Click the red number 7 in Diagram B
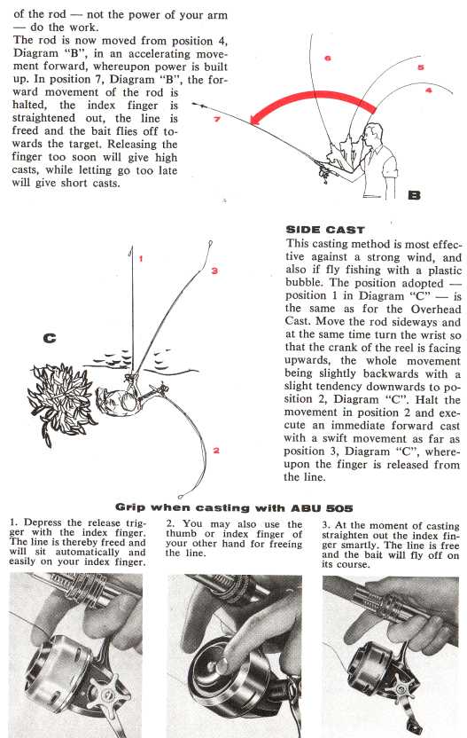(x=217, y=119)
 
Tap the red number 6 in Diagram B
(x=327, y=58)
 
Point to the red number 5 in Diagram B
(x=420, y=67)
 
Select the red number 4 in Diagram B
(x=428, y=90)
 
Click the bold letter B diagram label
(x=414, y=194)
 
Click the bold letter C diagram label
(x=49, y=338)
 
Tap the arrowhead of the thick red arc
(x=256, y=119)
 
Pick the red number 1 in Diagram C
(x=141, y=258)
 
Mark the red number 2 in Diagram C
(x=216, y=451)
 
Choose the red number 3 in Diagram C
(x=214, y=271)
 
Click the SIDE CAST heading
(x=325, y=230)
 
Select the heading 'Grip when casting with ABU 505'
(x=234, y=508)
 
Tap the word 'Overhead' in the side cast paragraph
(x=436, y=310)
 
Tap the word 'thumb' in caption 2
(x=181, y=534)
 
